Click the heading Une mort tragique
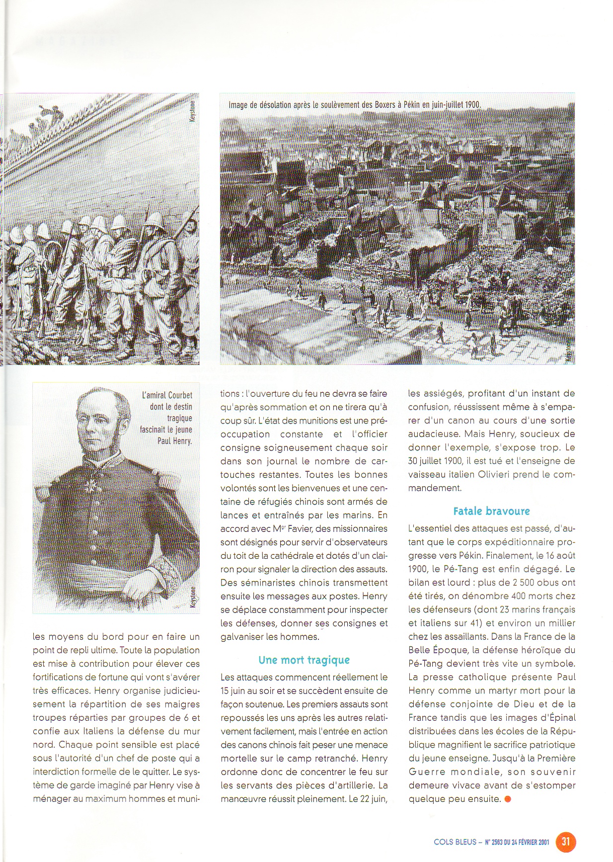tap(304, 660)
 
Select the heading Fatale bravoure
tap(491, 511)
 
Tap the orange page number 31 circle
tap(566, 842)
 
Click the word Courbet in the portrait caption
tap(180, 396)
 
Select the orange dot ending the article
tap(507, 799)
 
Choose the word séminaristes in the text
tap(263, 583)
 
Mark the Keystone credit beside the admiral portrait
tap(193, 597)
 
